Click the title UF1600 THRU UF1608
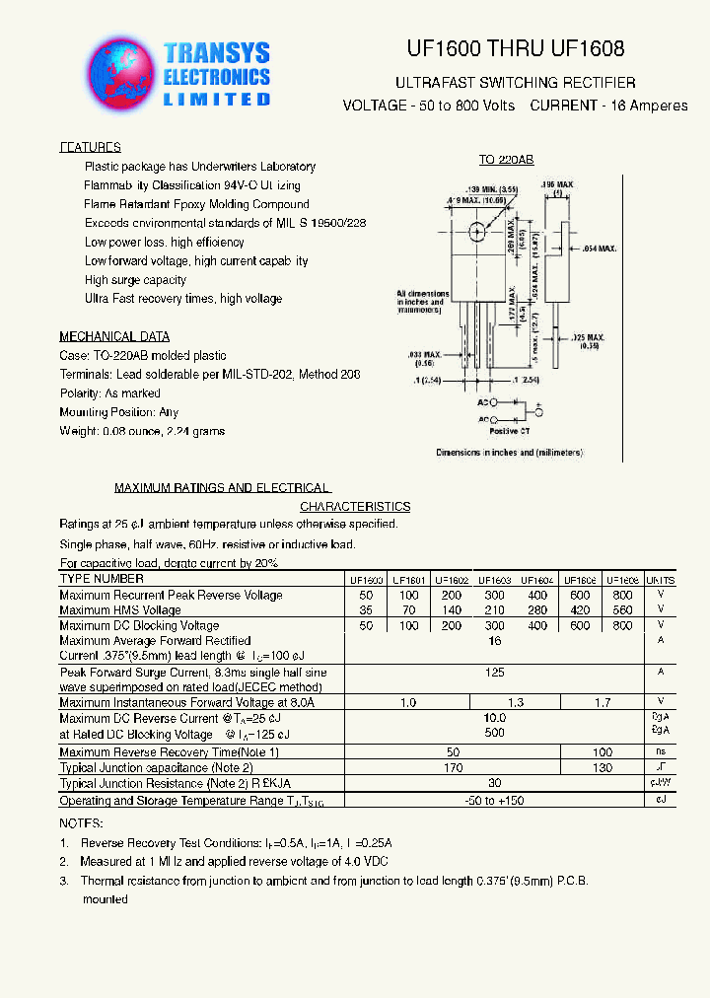point(515,48)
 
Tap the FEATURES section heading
point(90,147)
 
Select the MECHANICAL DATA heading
point(114,336)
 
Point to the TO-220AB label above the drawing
point(506,160)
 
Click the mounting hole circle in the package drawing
point(478,233)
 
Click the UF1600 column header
point(366,581)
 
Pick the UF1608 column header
point(621,581)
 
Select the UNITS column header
point(661,581)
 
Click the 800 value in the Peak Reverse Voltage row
point(621,596)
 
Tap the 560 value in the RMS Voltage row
point(621,610)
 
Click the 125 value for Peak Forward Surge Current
point(495,673)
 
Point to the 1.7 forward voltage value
point(602,702)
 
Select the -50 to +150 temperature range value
point(494,801)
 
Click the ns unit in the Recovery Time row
point(661,751)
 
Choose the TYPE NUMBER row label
point(102,580)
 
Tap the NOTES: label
point(81,822)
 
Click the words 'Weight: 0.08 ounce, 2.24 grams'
point(142,431)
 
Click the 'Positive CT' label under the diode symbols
point(510,431)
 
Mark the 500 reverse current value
point(495,733)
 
